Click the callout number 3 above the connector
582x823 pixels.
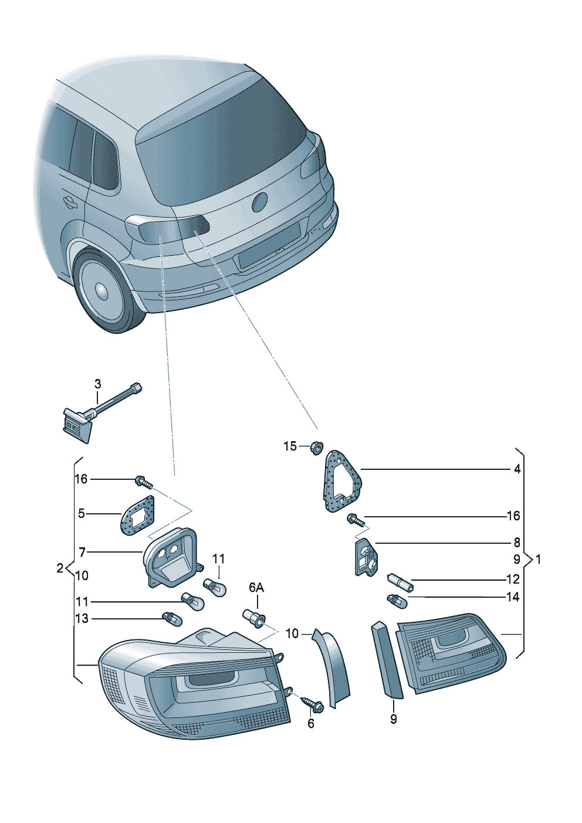click(x=97, y=384)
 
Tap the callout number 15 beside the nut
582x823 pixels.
click(x=290, y=446)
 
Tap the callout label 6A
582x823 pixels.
click(x=256, y=588)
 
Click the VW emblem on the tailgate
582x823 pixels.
click(x=259, y=202)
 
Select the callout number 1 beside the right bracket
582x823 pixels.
click(x=539, y=560)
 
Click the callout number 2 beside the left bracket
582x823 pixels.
click(x=60, y=568)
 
